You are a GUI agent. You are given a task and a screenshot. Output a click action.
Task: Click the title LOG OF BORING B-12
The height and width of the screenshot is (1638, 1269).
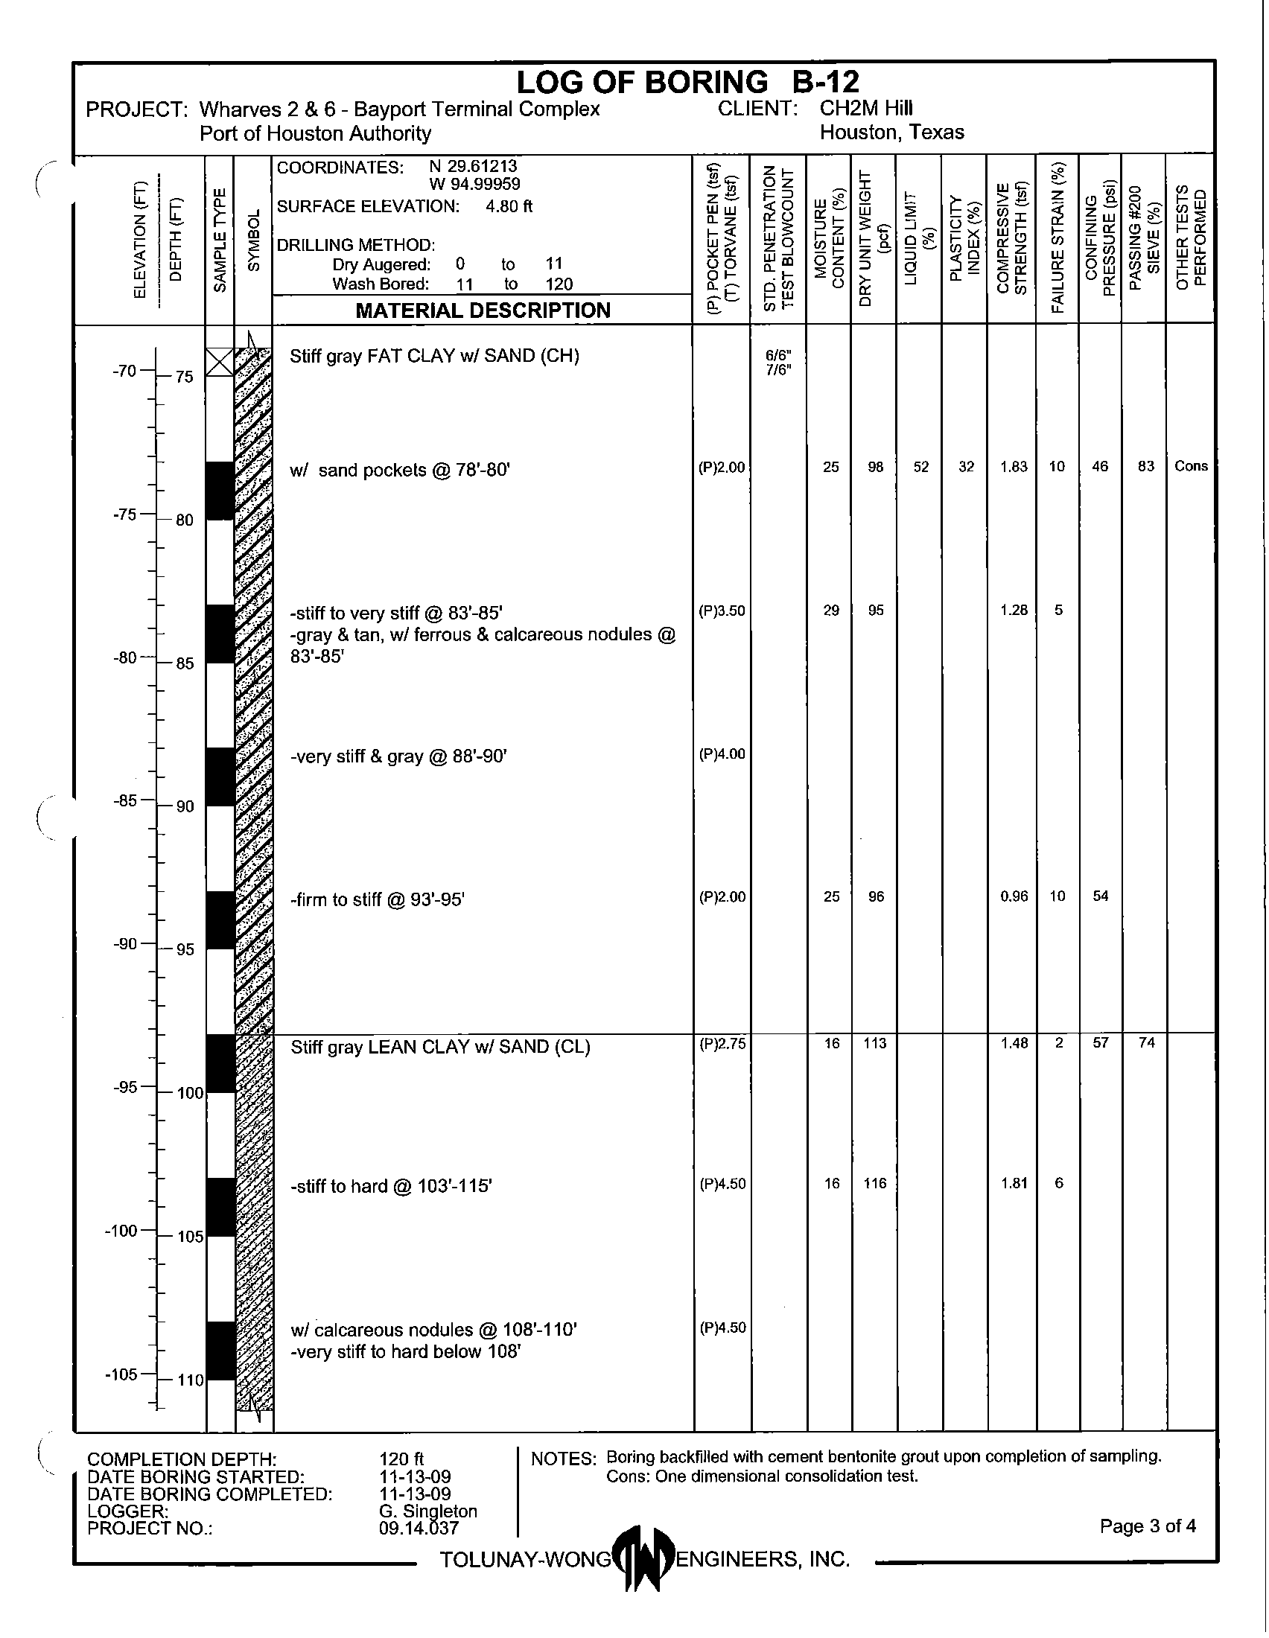688,82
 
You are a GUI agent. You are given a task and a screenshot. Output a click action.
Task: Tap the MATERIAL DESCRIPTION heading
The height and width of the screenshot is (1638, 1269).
483,310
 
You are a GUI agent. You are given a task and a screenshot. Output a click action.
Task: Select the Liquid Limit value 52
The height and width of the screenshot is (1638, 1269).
921,467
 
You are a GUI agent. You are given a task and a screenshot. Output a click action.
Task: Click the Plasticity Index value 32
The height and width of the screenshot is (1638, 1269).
967,467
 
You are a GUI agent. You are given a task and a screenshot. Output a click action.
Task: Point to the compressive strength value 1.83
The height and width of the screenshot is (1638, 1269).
1014,467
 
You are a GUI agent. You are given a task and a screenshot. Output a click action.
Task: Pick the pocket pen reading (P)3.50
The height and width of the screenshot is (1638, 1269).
722,611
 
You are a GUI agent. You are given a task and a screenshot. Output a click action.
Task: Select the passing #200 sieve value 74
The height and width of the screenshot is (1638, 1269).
1146,1042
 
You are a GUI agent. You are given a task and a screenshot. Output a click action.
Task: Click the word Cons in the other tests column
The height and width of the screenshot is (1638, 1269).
1191,466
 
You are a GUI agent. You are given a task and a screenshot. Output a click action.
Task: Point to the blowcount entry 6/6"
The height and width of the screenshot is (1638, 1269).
779,354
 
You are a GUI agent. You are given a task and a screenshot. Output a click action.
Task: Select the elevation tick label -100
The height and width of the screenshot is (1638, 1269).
121,1230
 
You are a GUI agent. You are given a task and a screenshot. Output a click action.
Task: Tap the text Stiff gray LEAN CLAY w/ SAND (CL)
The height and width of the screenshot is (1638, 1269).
440,1047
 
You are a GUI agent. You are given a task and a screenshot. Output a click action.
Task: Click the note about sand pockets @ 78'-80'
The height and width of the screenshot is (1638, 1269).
400,471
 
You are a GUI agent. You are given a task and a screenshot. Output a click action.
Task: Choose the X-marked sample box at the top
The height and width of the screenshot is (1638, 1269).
220,363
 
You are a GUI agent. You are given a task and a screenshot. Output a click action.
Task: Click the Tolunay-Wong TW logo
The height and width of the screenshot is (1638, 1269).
643,1558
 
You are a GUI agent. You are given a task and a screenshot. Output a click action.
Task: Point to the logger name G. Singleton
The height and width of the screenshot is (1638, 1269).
428,1511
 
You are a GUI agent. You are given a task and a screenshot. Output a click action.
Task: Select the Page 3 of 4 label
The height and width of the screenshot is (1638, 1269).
1148,1526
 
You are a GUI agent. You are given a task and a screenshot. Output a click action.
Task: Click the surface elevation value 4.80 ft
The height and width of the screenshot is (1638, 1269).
509,206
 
